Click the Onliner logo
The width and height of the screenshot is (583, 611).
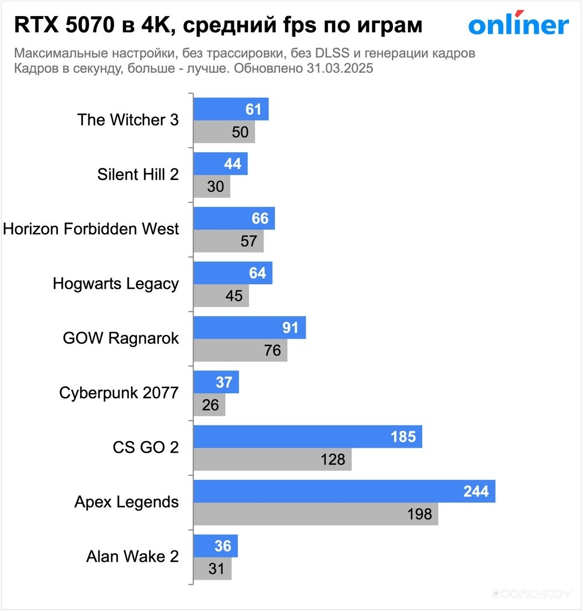point(518,24)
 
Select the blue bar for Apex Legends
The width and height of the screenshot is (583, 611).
point(344,492)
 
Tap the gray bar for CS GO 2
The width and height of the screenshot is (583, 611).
point(272,459)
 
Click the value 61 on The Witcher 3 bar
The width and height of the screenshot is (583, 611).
point(253,109)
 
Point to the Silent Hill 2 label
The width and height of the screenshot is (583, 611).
point(138,174)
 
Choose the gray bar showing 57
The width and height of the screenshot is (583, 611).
point(228,241)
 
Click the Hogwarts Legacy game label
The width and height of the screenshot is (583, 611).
point(116,284)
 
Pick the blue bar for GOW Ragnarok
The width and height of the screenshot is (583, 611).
point(250,328)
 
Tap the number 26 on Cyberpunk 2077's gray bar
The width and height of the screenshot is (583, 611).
point(211,405)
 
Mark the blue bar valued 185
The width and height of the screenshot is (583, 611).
point(307,437)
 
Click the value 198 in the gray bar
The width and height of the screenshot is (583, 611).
point(420,514)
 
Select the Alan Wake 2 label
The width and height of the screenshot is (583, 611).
point(132,557)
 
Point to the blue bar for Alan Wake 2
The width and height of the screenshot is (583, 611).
point(215,546)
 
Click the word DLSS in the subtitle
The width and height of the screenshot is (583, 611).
point(316,54)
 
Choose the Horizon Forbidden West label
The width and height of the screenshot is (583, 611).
point(91,229)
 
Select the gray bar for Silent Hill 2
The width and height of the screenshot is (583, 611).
point(212,187)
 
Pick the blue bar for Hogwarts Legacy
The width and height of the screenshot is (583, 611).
point(233,273)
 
